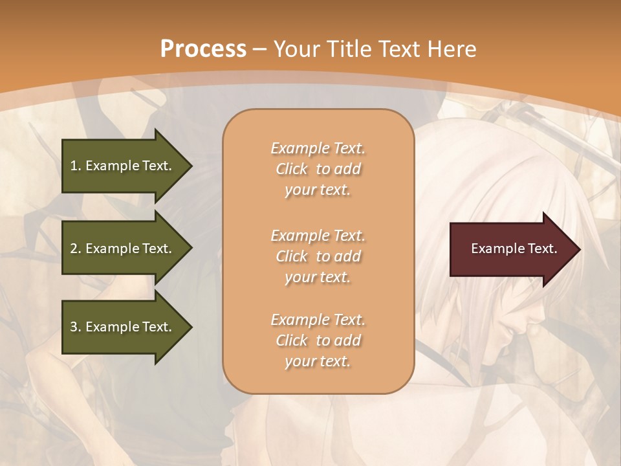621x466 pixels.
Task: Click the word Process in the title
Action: tap(203, 49)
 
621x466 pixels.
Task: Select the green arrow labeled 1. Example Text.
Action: tap(123, 166)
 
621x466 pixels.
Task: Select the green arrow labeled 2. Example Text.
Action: tap(123, 249)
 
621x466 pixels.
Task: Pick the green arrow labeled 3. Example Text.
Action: tap(123, 327)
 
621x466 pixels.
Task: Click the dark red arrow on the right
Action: tap(511, 249)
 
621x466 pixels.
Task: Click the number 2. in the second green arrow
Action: tap(76, 249)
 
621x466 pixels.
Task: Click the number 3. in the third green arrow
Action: tap(76, 327)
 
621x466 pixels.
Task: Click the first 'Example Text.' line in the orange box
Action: tap(318, 148)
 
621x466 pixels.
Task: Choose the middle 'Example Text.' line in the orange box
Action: tap(318, 236)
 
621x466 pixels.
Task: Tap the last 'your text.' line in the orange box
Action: tap(318, 361)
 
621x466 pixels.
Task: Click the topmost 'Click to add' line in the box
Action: tap(318, 169)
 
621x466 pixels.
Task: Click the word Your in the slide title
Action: tap(295, 49)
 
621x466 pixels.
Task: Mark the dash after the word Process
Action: tap(260, 49)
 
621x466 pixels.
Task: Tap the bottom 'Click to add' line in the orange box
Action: tap(318, 340)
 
